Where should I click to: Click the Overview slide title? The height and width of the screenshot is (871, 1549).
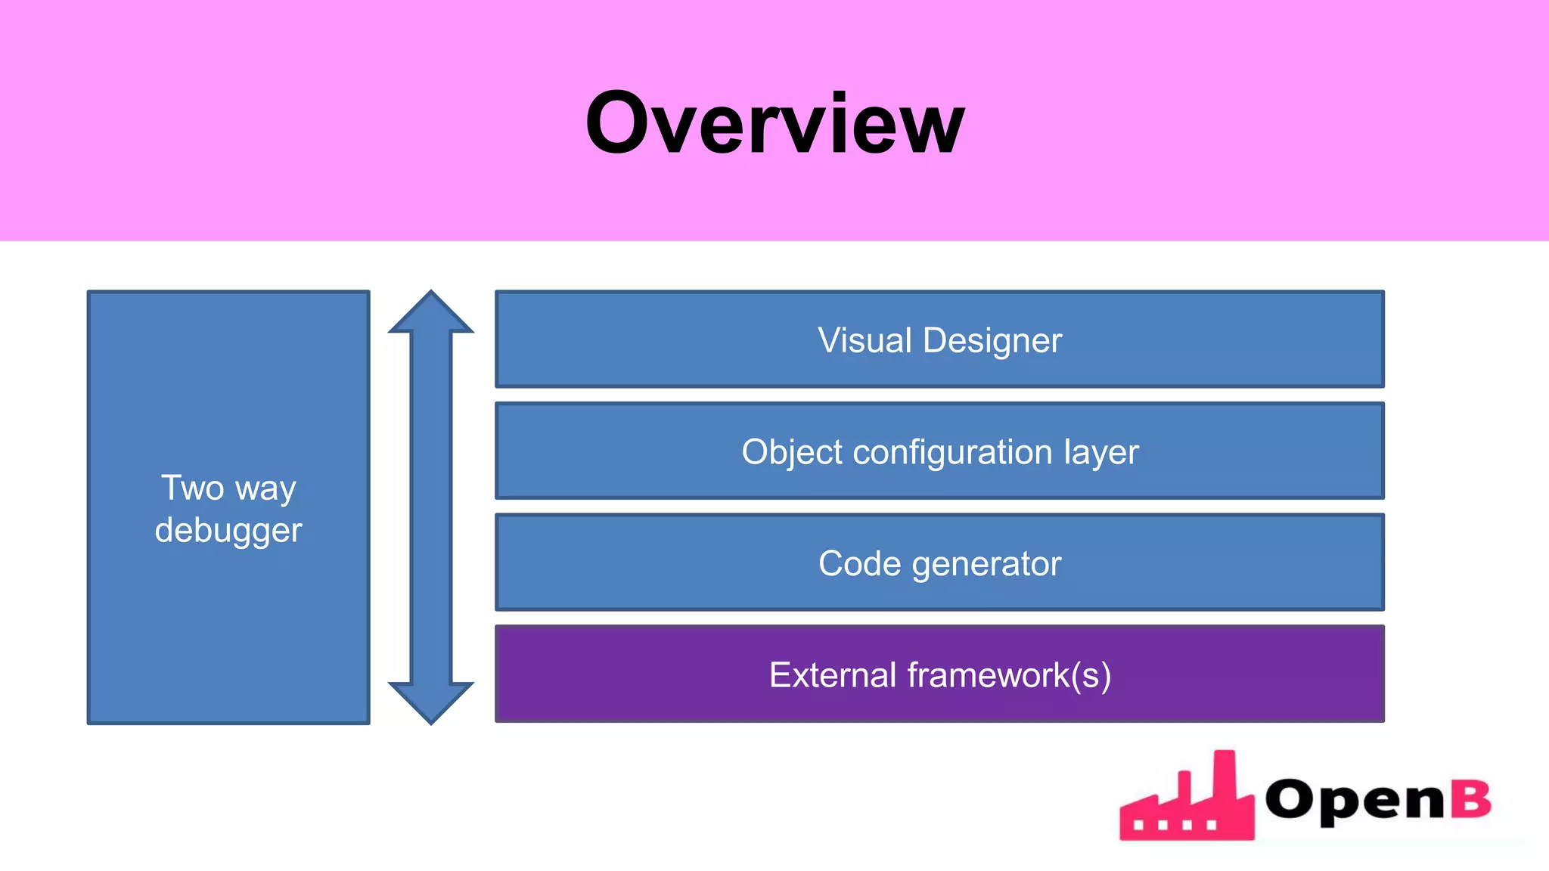point(774,122)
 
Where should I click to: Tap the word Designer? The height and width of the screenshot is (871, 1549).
point(992,341)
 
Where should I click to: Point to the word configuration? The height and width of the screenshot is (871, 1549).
point(952,453)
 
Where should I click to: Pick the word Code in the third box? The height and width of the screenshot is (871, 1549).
point(859,564)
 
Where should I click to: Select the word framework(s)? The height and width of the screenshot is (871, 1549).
point(1009,675)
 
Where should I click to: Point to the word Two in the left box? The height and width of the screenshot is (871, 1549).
point(192,488)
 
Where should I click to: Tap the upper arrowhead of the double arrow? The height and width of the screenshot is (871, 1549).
point(431,312)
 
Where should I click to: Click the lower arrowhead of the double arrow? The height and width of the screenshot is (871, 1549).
point(431,702)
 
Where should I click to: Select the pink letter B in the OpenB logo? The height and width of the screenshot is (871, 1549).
point(1470,799)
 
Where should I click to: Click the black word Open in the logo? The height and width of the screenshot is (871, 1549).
point(1355,801)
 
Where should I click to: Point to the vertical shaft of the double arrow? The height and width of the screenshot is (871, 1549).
point(431,507)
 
